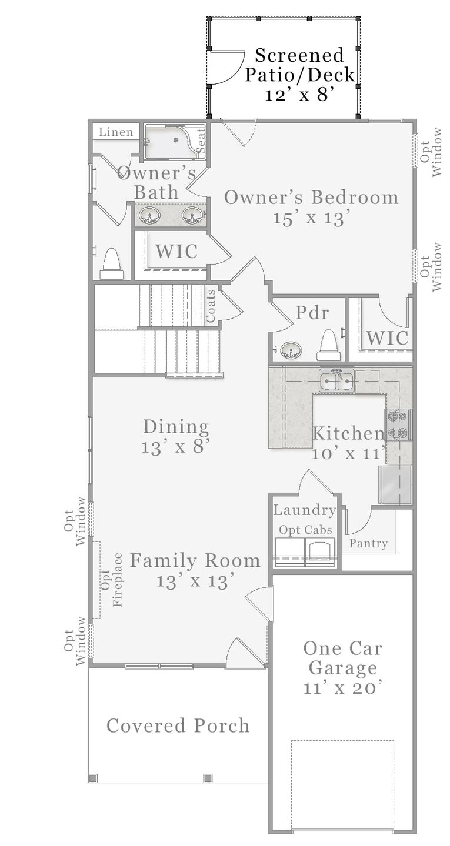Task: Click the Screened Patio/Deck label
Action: (299, 75)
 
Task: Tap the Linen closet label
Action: (116, 132)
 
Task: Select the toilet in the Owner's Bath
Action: (112, 264)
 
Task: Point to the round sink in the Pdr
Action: (290, 351)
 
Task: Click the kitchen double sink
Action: (336, 381)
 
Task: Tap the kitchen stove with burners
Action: (398, 425)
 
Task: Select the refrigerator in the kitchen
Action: (395, 484)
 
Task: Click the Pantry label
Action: (368, 543)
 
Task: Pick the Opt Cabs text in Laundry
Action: (305, 530)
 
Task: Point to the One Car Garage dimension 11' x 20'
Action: (343, 688)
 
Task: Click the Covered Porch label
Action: (178, 725)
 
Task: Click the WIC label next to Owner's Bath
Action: (176, 251)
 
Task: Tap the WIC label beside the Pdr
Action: (387, 338)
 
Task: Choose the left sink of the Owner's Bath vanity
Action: (149, 216)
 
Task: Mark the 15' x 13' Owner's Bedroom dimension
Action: (312, 218)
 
